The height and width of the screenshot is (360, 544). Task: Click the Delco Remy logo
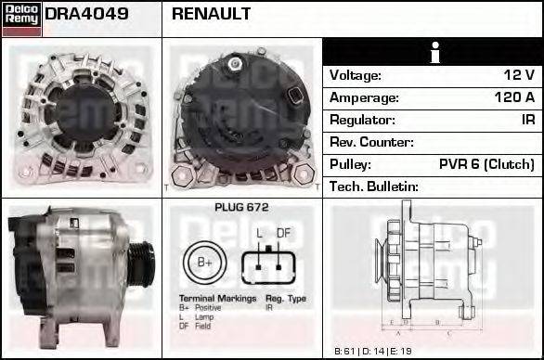21,19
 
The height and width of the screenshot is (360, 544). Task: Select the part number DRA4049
85,14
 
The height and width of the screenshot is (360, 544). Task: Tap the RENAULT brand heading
211,14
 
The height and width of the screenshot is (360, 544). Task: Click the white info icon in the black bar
434,52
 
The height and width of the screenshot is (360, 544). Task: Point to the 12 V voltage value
519,75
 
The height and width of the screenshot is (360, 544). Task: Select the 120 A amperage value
513,97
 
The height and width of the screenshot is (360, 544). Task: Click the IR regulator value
527,120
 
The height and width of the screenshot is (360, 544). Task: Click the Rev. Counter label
371,142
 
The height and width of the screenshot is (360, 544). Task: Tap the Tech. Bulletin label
374,186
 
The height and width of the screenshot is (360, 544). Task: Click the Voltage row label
356,75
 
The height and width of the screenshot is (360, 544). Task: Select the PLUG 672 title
240,208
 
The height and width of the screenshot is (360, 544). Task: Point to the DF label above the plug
283,232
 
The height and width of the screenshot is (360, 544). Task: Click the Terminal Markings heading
215,299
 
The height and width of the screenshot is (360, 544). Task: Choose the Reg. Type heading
285,299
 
